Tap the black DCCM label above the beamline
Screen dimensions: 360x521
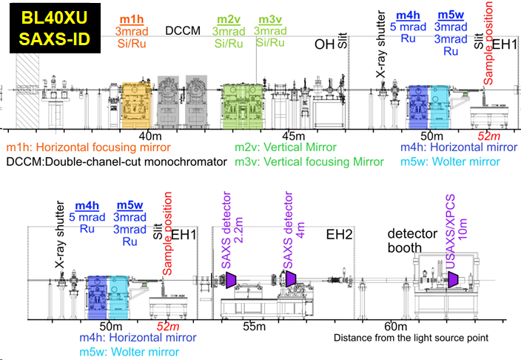click(181, 30)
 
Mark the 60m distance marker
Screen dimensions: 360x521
click(395, 327)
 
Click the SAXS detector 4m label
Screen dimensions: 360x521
click(288, 229)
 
